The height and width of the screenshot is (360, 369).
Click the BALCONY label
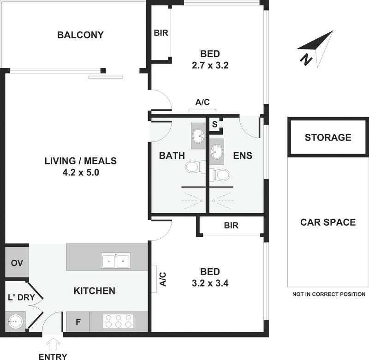tap(80, 35)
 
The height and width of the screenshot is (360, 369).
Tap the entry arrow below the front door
tap(54, 344)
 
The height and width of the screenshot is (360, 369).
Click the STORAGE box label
tap(328, 137)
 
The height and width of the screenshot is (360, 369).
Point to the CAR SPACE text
tap(328, 222)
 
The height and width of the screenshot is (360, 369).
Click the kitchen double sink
tap(116, 261)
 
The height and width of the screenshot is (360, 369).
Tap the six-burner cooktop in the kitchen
tap(119, 321)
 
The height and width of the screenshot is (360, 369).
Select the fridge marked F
tap(78, 322)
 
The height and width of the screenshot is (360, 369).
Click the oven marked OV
tap(17, 262)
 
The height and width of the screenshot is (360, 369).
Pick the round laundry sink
tap(16, 321)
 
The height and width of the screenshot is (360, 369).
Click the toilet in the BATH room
tap(195, 167)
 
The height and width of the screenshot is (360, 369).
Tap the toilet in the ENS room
tap(220, 175)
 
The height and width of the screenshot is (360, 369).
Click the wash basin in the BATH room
tap(198, 136)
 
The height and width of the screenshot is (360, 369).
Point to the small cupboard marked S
tap(214, 124)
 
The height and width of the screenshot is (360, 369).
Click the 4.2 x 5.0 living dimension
tap(81, 173)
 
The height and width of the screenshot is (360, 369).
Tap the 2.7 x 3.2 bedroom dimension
tap(210, 65)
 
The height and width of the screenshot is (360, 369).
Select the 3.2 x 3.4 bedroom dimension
tap(210, 283)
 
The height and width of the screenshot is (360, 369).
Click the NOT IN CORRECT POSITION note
tap(329, 294)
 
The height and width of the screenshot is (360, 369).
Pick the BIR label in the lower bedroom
tap(231, 225)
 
